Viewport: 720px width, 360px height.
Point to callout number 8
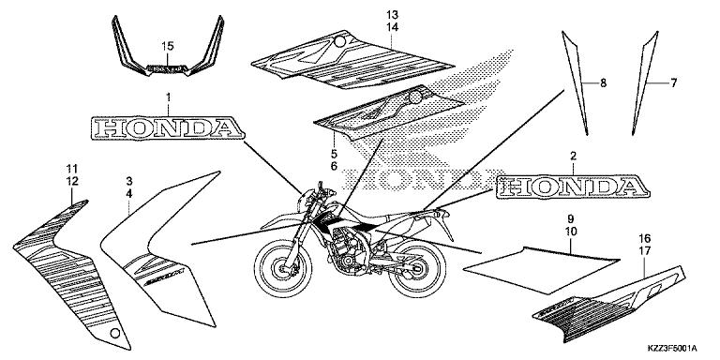click(604, 82)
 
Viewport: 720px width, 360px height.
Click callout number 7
click(673, 82)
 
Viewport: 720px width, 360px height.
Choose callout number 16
click(643, 239)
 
